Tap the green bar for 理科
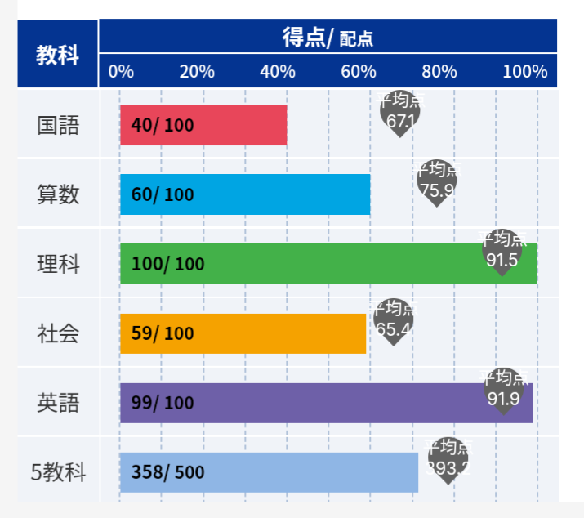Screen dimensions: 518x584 (x=327, y=264)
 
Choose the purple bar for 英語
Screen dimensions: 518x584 (x=327, y=403)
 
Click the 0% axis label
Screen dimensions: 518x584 (x=121, y=71)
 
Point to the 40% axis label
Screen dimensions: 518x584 (x=278, y=71)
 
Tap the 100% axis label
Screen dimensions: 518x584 (x=524, y=71)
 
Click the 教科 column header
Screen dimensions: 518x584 (x=57, y=55)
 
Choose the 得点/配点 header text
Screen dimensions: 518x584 (x=328, y=38)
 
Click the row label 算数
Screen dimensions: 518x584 (x=57, y=195)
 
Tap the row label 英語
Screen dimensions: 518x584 (x=57, y=403)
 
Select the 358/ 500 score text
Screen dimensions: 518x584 (x=167, y=472)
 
